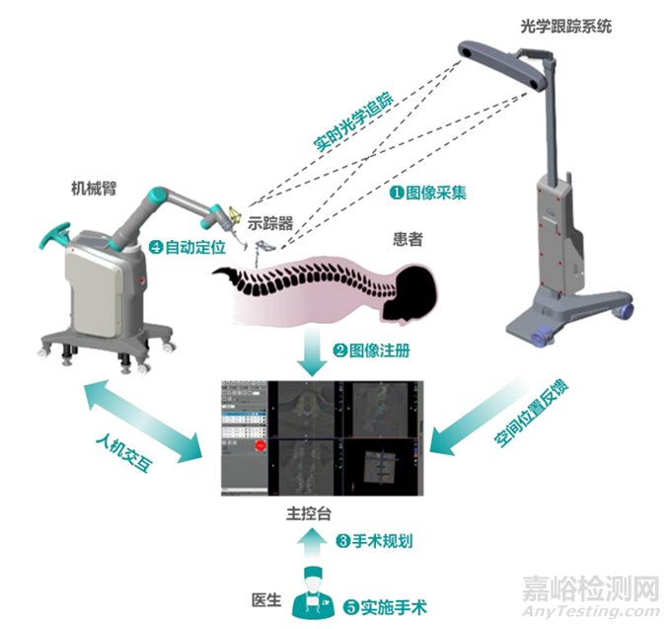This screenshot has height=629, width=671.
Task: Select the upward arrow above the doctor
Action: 314,541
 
